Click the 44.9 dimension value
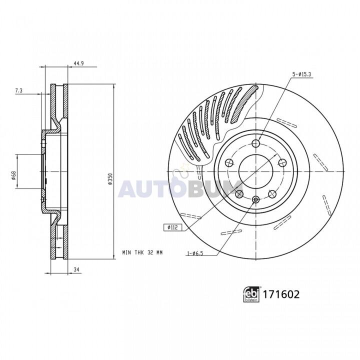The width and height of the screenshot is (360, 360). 78,63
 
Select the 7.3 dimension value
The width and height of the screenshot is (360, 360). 19,90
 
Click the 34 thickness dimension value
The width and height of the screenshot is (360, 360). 77,270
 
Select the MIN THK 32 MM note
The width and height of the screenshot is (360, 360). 142,252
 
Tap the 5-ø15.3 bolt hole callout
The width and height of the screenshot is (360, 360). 301,74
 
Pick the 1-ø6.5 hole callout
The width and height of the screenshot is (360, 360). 195,253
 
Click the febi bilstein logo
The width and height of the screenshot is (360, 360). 251,294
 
